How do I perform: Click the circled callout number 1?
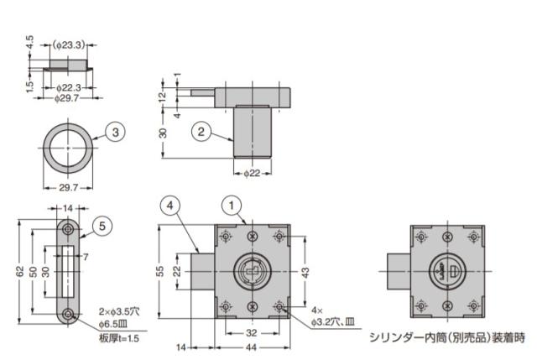click(x=232, y=206)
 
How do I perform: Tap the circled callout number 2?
click(x=201, y=132)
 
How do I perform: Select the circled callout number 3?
click(x=116, y=132)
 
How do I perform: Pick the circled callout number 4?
click(x=170, y=206)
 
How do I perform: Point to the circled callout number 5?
click(x=102, y=226)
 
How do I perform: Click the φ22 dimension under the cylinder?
click(x=252, y=174)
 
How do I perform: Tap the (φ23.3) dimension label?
click(x=69, y=44)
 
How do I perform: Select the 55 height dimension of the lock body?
click(x=160, y=271)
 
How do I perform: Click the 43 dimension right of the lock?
click(x=305, y=272)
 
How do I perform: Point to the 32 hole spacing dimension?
click(x=252, y=333)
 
